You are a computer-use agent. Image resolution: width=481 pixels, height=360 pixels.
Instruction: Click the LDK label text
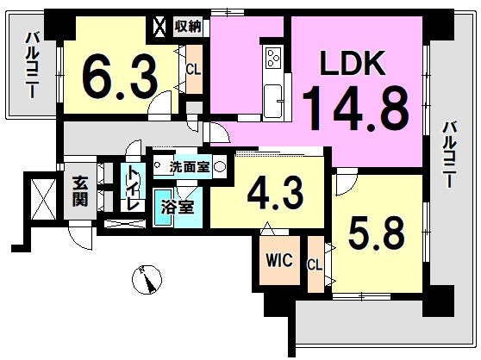point(353,64)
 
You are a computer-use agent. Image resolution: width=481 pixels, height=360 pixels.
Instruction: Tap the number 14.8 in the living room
point(356,109)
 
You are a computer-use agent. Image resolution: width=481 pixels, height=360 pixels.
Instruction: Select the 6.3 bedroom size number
point(120,78)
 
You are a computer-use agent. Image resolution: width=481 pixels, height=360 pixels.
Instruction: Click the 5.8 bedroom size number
point(377,233)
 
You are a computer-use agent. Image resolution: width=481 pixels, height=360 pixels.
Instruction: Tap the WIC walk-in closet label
point(279,260)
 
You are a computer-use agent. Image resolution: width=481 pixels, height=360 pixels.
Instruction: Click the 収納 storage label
point(188,26)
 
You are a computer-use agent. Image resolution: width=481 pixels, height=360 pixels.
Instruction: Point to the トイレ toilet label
point(134,188)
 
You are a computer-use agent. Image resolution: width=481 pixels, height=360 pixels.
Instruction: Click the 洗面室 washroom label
point(190,167)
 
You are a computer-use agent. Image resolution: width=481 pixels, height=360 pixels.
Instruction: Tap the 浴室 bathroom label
point(178,207)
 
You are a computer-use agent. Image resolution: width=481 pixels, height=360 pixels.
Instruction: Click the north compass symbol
point(147,280)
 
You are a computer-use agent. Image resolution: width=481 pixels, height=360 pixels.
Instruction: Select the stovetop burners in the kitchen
point(273,58)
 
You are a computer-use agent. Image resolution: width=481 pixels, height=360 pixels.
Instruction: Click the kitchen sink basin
point(273,101)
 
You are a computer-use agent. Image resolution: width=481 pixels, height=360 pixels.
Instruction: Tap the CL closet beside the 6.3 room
point(194,70)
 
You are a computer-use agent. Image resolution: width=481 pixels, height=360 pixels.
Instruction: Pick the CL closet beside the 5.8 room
point(315,264)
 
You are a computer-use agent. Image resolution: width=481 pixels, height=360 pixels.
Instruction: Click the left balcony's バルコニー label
point(32,65)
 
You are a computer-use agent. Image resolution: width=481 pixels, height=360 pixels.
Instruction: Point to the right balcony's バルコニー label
point(449,155)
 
